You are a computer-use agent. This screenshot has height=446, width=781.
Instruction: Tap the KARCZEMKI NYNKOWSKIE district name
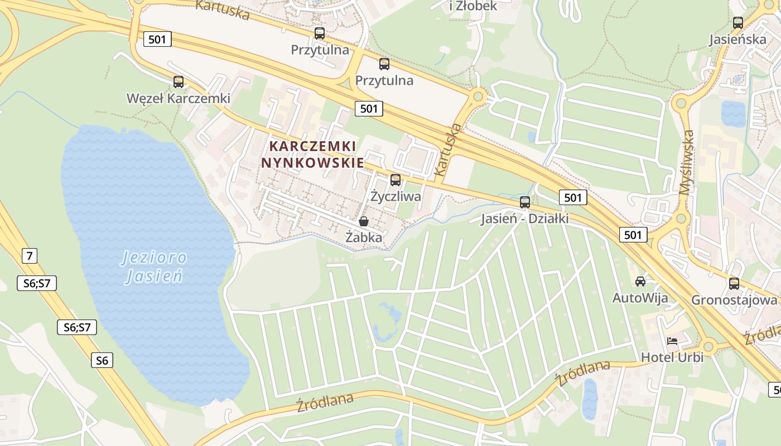(312, 154)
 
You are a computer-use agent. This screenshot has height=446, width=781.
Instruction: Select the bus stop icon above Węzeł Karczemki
(179, 82)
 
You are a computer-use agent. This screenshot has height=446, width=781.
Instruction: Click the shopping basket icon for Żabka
(364, 221)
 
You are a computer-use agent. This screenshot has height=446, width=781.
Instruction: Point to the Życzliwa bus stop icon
(396, 180)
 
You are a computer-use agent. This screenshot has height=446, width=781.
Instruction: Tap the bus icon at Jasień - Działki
(525, 202)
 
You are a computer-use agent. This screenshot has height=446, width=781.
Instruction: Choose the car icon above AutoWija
(640, 282)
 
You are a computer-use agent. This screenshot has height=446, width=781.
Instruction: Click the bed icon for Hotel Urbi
(672, 341)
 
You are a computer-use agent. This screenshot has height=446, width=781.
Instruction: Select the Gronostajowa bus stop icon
(734, 283)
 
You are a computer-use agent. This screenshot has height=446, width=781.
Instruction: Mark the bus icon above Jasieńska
(738, 23)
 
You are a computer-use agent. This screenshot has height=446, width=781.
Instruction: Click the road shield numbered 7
(30, 256)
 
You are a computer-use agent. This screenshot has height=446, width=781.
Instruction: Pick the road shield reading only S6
(102, 360)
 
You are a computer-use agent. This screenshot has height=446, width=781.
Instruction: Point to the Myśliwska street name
(687, 162)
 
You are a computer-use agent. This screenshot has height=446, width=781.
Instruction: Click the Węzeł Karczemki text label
(179, 99)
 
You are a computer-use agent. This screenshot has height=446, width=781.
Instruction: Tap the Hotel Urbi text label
(672, 357)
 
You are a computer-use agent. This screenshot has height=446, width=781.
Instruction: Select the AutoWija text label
(640, 298)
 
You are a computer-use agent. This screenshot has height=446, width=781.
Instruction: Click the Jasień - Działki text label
(525, 219)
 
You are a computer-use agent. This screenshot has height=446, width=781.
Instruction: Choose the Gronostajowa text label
(734, 300)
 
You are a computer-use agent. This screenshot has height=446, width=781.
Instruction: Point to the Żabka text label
(364, 237)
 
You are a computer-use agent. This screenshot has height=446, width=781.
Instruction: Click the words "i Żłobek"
(473, 6)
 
